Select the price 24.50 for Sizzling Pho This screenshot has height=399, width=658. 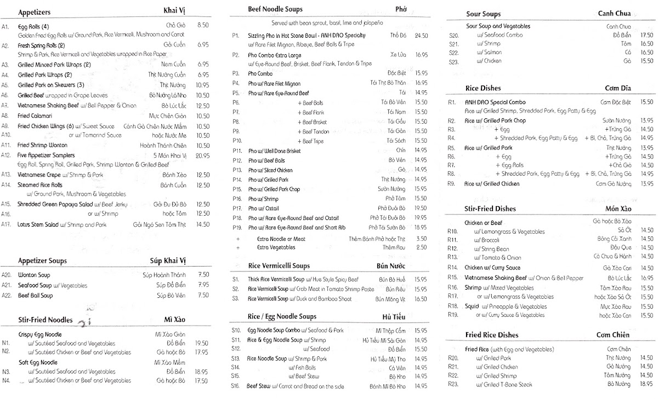[x=421, y=36]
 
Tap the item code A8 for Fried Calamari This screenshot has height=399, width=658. [x=6, y=115]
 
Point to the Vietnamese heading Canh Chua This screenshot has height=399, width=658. [x=614, y=14]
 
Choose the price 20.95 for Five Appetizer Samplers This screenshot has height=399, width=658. [x=202, y=155]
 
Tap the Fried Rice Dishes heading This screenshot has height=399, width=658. [x=492, y=335]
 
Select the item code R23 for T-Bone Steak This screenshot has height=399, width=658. [x=452, y=385]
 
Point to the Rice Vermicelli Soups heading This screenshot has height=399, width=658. [x=279, y=266]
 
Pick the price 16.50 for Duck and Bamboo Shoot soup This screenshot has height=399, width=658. [x=421, y=299]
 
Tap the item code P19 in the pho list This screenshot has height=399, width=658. [x=237, y=227]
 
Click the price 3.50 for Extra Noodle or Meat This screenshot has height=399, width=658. [x=421, y=239]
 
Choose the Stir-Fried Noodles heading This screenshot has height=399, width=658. [x=45, y=320]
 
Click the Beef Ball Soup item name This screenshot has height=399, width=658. [x=36, y=296]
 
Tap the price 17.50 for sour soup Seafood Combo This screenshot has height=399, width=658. [x=646, y=35]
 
